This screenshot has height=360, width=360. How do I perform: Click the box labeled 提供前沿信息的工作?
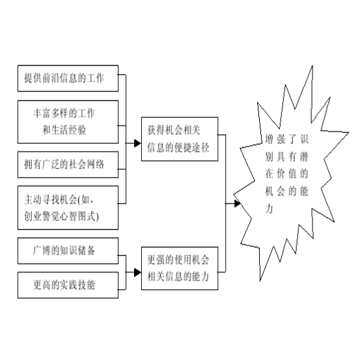tap(68, 78)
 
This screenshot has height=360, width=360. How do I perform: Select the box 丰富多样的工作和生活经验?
tap(68, 122)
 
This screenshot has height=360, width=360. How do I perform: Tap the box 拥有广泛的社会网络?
tap(68, 165)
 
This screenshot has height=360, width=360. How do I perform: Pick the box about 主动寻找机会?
tap(68, 208)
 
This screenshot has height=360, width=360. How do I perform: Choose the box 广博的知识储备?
tap(68, 251)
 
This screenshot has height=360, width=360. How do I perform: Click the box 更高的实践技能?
tap(68, 285)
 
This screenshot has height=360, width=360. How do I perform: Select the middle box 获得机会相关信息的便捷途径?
tap(180, 139)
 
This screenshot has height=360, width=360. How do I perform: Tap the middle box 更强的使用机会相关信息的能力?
tap(180, 268)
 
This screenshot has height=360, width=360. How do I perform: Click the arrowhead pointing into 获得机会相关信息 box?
tap(137, 143)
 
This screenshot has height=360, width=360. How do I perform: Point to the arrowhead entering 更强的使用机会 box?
tap(137, 273)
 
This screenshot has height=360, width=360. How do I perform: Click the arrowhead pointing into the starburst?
tap(238, 203)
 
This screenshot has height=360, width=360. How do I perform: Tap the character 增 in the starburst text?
tap(269, 139)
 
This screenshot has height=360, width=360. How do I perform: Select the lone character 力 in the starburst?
tap(269, 208)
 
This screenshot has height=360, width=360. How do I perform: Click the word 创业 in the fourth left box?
tap(33, 216)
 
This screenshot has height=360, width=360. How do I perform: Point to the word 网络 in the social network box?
tap(95, 165)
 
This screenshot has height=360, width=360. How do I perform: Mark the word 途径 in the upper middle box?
tap(201, 147)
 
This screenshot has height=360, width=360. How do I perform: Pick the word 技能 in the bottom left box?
tap(87, 285)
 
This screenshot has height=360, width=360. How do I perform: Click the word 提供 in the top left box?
tap(33, 78)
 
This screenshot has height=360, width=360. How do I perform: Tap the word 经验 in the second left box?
tap(77, 130)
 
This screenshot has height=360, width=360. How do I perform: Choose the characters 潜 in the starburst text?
tap(303, 157)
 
